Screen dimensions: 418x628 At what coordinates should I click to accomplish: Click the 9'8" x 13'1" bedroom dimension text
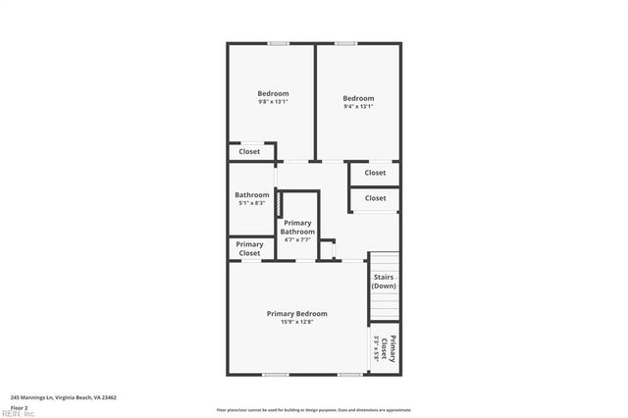(x=273, y=102)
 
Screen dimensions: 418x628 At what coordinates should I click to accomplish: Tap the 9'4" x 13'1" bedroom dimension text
(x=358, y=107)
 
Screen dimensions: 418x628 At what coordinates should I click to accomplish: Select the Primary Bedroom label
(x=297, y=313)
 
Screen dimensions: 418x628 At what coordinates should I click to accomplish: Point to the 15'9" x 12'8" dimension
(x=297, y=322)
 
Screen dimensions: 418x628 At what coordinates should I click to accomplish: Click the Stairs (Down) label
(x=384, y=281)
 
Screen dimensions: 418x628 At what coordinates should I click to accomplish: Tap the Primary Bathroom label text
(x=298, y=227)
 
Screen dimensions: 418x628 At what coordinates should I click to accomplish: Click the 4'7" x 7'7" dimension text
(x=298, y=239)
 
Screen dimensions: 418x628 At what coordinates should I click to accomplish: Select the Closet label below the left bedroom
(x=249, y=152)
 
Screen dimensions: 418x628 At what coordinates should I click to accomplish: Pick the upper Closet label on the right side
(x=375, y=173)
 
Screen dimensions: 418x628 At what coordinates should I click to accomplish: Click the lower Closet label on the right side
(x=375, y=198)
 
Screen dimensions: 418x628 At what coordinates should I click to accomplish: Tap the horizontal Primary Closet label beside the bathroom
(x=249, y=248)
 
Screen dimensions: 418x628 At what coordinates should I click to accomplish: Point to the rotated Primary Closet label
(x=390, y=350)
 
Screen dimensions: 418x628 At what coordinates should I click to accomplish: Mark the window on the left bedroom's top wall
(x=279, y=43)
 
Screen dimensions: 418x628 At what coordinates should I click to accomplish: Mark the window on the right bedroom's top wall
(x=346, y=43)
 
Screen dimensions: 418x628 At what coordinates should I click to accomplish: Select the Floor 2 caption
(x=19, y=406)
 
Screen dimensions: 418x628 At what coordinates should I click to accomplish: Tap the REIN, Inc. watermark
(x=18, y=413)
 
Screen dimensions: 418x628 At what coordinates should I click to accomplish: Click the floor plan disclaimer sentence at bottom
(x=314, y=409)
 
